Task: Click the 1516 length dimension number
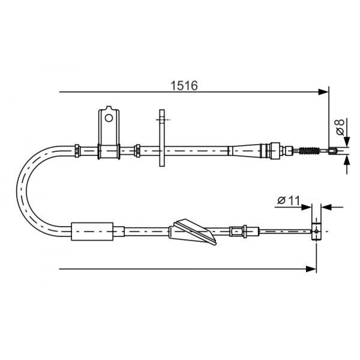tap(184, 86)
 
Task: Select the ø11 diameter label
tap(289, 201)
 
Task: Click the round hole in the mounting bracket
tap(109, 118)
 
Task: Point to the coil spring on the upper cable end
tap(310, 150)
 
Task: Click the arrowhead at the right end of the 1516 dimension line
tap(323, 92)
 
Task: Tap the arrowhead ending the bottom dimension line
tap(311, 269)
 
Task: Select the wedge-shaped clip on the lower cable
tap(192, 231)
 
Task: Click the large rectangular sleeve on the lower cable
tap(92, 231)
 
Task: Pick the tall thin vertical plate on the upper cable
tap(162, 138)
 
